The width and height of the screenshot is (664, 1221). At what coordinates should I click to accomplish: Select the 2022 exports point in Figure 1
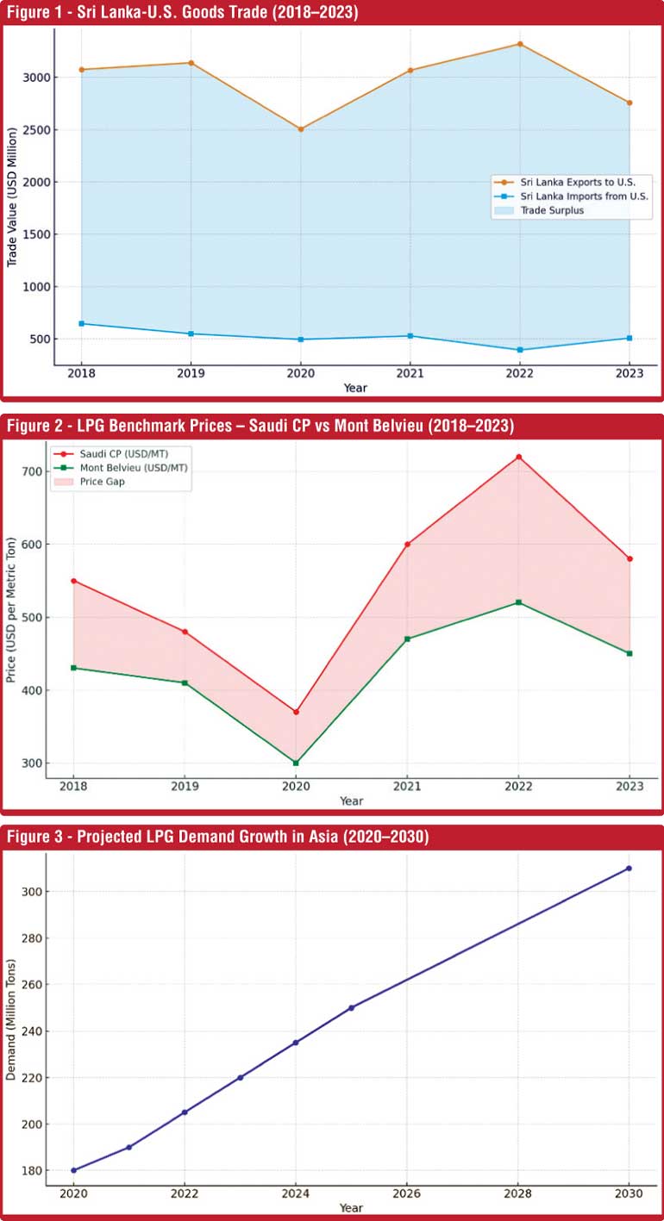(x=520, y=44)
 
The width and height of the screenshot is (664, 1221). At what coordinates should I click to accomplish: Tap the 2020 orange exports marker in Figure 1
(x=300, y=129)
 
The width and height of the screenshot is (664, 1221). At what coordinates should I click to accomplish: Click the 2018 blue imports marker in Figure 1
(x=81, y=323)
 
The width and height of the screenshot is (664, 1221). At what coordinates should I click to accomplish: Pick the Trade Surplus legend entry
(x=552, y=209)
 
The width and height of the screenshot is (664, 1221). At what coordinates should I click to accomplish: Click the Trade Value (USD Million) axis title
(x=13, y=197)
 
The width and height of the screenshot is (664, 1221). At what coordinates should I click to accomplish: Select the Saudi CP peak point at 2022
(x=518, y=457)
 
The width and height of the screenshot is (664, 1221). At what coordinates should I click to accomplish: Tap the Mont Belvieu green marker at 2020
(x=296, y=763)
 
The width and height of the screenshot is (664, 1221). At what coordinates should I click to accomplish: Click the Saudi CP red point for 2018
(x=73, y=581)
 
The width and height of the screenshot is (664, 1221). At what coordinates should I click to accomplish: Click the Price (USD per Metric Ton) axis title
(x=11, y=611)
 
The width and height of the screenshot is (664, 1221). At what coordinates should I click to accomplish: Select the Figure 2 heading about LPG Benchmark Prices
(x=260, y=425)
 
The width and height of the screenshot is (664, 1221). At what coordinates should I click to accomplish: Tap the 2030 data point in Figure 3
(x=629, y=868)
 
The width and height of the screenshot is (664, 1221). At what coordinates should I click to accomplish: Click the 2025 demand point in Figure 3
(x=351, y=1007)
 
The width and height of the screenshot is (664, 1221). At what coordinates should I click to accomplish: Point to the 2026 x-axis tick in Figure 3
(x=406, y=1193)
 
